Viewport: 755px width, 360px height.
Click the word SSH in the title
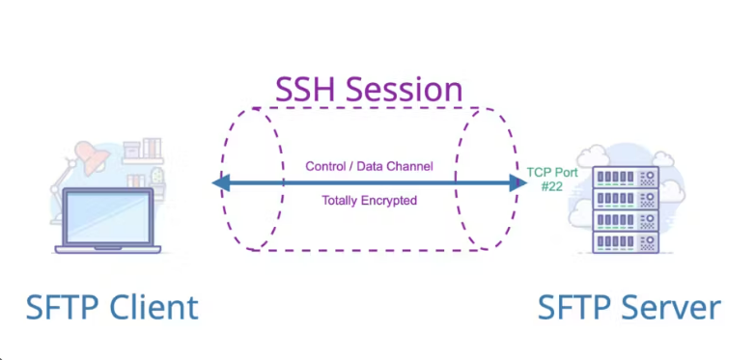pyautogui.click(x=306, y=90)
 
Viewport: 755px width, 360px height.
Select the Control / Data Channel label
pyautogui.click(x=369, y=166)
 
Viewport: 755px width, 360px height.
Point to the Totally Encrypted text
pyautogui.click(x=369, y=201)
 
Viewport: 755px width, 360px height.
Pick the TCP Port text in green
pyautogui.click(x=553, y=172)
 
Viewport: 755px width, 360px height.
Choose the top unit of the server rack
pyautogui.click(x=621, y=177)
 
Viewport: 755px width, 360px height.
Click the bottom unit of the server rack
pyautogui.click(x=621, y=240)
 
